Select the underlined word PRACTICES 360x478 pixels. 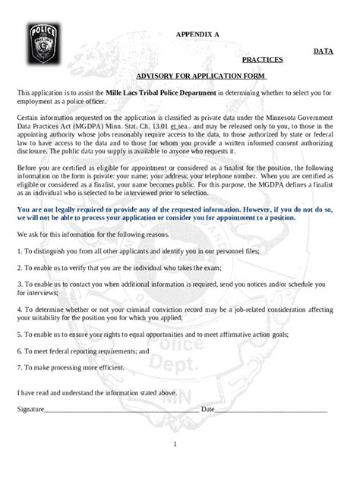(262, 59)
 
